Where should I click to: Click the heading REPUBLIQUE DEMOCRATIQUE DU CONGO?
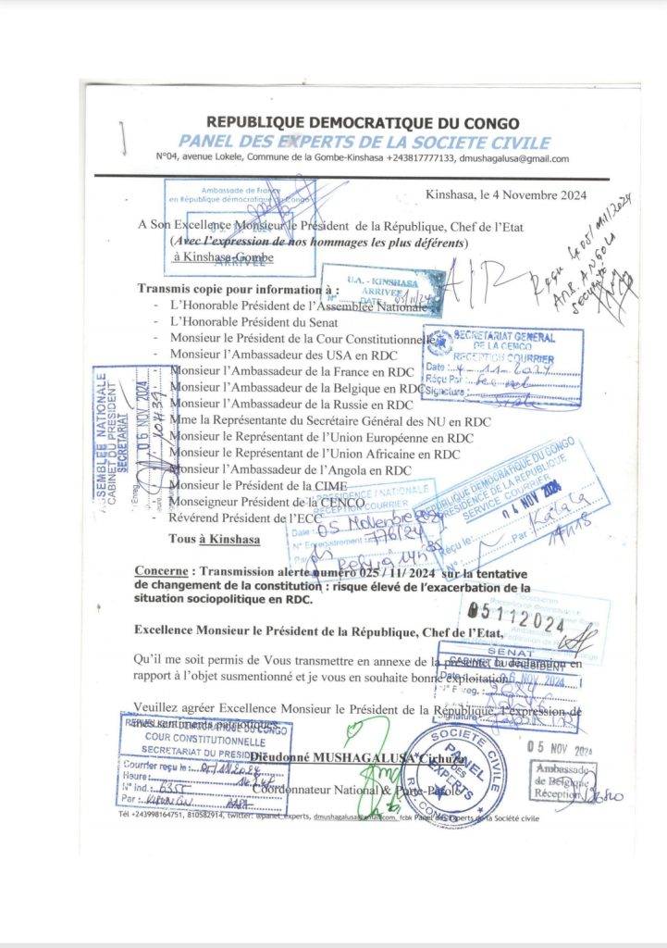coord(362,123)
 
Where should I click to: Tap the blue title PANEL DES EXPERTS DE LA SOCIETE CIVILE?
coord(364,143)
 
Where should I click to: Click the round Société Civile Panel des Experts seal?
coord(454,777)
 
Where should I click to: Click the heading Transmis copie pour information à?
coord(239,289)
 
